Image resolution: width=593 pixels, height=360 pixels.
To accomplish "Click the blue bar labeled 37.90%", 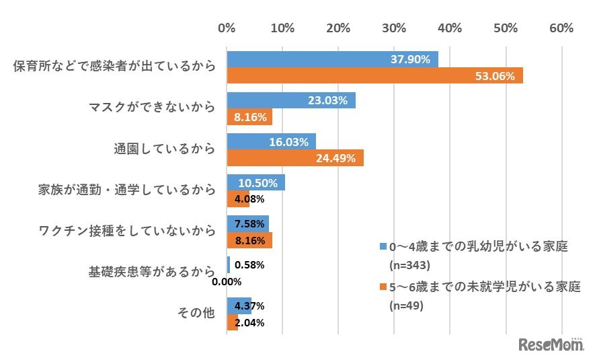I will pyautogui.click(x=332, y=59).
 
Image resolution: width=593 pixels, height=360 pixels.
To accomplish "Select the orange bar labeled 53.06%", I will pyautogui.click(x=374, y=76).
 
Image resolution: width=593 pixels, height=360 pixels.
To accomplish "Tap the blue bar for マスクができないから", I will pyautogui.click(x=291, y=101).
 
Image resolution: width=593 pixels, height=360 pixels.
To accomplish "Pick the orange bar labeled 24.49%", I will pyautogui.click(x=295, y=158).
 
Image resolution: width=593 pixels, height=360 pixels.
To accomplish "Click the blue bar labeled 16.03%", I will pyautogui.click(x=271, y=142).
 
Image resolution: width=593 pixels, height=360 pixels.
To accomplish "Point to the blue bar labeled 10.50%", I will pyautogui.click(x=256, y=183).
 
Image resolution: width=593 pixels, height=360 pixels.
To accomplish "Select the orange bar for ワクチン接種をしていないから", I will pyautogui.click(x=249, y=240).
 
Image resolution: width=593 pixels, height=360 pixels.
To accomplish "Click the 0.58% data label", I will pyautogui.click(x=250, y=265).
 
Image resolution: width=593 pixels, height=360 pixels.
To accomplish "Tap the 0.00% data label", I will pyautogui.click(x=227, y=282).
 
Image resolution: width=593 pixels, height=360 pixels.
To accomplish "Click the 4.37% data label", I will pyautogui.click(x=250, y=306).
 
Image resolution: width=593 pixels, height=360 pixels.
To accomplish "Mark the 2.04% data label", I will pyautogui.click(x=250, y=322).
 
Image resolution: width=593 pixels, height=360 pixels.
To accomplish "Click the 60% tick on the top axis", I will pyautogui.click(x=561, y=28).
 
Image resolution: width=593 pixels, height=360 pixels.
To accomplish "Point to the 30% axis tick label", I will pyautogui.click(x=394, y=28).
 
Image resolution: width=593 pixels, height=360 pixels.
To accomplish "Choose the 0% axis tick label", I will pyautogui.click(x=227, y=28).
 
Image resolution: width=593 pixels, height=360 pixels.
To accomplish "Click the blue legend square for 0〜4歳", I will pyautogui.click(x=383, y=247).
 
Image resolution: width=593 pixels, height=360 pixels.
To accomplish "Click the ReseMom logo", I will pyautogui.click(x=551, y=344).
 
